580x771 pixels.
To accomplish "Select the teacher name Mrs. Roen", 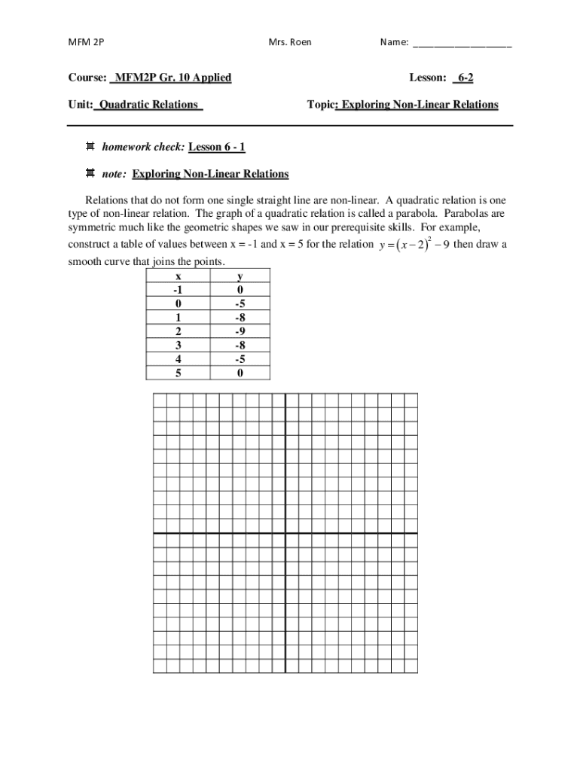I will [x=289, y=42].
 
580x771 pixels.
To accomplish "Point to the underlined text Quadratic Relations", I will [x=148, y=105].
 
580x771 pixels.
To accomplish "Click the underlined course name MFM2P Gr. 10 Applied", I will [x=170, y=78].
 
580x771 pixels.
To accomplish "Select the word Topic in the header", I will [x=321, y=105].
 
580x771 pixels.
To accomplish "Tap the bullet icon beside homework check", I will [x=90, y=147].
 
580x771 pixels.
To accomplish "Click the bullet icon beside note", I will [x=90, y=174].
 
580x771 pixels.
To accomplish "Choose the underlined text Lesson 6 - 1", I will [x=217, y=147].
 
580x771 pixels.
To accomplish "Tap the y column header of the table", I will [x=239, y=276].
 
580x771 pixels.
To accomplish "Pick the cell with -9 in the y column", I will [x=239, y=331].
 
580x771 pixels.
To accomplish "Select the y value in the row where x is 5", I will [x=239, y=372].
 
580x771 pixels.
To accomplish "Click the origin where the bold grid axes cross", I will [x=285, y=533].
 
